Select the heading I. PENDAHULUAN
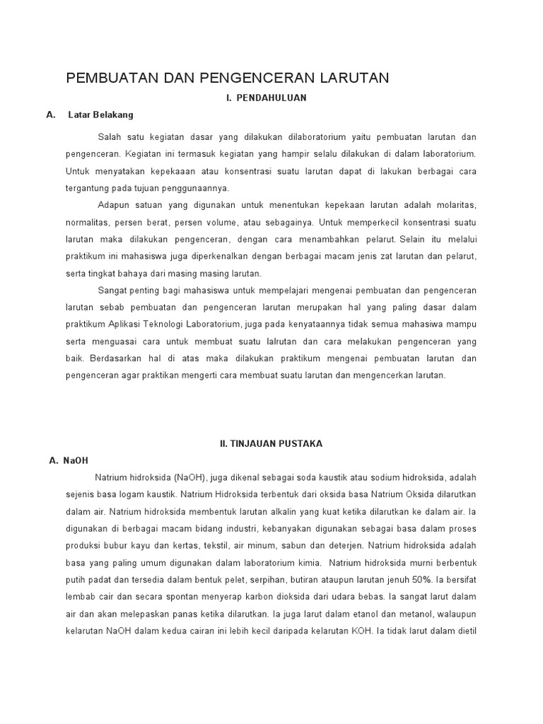click(267, 98)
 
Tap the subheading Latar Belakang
click(100, 115)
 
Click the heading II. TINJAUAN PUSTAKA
click(271, 443)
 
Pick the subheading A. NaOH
click(69, 460)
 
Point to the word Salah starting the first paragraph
click(110, 136)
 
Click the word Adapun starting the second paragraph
click(114, 205)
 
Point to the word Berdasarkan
click(112, 358)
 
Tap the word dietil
click(467, 631)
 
